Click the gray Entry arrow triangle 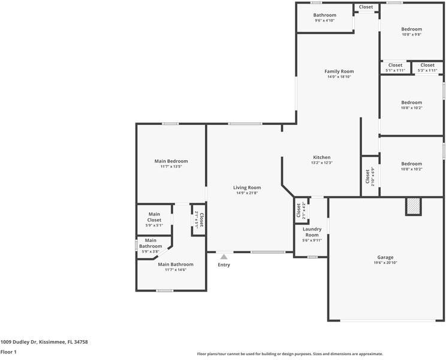(224, 257)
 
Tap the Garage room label (385, 257)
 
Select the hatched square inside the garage (413, 206)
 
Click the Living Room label (247, 188)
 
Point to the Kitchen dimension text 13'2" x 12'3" (322, 163)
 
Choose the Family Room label (339, 71)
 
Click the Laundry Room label (312, 232)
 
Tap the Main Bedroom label (171, 161)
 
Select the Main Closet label (154, 217)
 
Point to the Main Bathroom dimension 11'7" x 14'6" (176, 270)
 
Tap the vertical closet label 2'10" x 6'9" (370, 176)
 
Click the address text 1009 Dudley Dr (19, 342)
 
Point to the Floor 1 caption (8, 352)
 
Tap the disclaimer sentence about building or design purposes (290, 354)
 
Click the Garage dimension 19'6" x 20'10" (385, 263)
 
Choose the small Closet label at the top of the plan (366, 7)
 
